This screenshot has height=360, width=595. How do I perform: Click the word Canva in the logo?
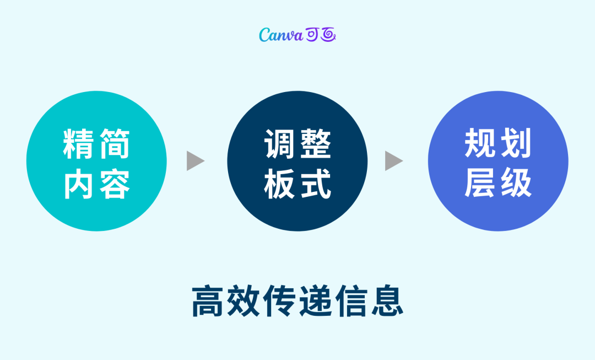[x=281, y=35]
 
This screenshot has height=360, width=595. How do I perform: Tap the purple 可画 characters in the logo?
[x=321, y=35]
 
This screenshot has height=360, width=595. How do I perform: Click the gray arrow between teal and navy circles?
[x=194, y=160]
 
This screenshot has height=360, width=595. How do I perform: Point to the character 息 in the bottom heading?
[x=386, y=301]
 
